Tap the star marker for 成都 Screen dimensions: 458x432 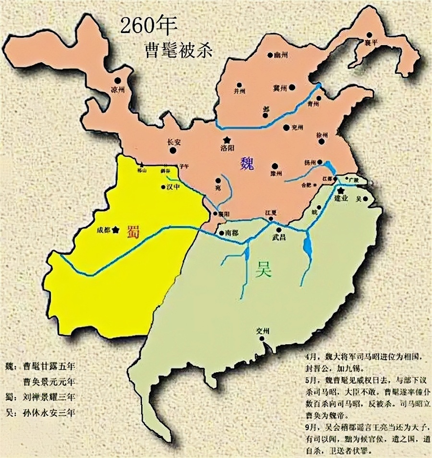pyautogui.click(x=116, y=230)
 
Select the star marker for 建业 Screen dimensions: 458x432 pyautogui.click(x=341, y=190)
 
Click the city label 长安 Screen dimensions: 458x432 pyautogui.click(x=173, y=142)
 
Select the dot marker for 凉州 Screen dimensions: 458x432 pyautogui.click(x=117, y=81)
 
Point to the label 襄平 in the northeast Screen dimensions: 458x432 pyautogui.click(x=372, y=42)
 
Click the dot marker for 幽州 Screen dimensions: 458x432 pyautogui.click(x=271, y=55)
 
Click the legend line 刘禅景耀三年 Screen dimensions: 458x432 pyautogui.click(x=48, y=397)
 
